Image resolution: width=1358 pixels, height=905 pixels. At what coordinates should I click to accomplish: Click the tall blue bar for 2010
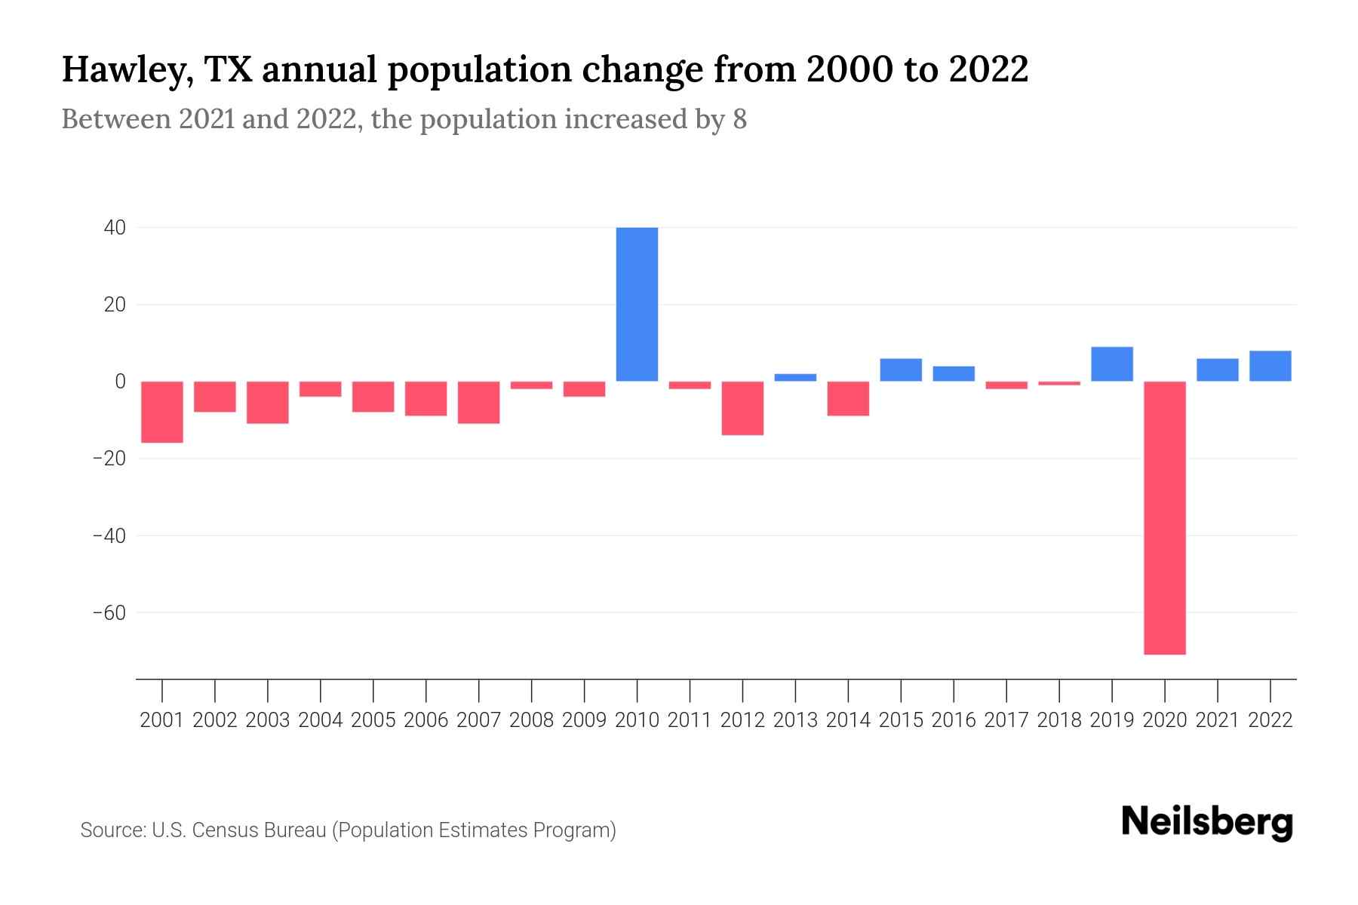coord(637,304)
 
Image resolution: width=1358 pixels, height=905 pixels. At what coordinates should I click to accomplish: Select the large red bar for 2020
coord(1164,517)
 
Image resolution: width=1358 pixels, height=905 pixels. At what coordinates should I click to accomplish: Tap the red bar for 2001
coord(162,412)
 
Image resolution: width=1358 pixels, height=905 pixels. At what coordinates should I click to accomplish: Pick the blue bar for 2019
coord(1111,364)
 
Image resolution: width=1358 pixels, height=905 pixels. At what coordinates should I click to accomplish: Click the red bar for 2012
coord(742,408)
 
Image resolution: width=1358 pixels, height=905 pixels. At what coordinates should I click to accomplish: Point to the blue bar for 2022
coord(1270,366)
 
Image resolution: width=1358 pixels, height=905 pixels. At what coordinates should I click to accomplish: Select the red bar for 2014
coord(848,398)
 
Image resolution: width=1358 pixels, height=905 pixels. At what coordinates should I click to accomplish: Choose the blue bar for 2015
coord(901,370)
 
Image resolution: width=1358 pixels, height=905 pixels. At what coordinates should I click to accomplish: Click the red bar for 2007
coord(478,402)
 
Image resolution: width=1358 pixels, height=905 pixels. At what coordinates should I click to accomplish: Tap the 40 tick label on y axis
coord(115,227)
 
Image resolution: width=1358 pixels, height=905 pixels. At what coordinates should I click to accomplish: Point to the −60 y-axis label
coord(109,612)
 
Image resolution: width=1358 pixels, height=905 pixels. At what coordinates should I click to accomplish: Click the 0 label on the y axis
coord(120,382)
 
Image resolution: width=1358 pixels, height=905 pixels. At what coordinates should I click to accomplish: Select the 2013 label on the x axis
coord(795,720)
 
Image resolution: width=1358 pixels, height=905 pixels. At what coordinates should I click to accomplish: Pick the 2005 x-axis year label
coord(373,720)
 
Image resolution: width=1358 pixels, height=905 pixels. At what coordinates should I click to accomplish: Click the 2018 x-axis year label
coord(1059,720)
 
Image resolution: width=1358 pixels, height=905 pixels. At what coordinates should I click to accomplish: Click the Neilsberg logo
coord(1207,822)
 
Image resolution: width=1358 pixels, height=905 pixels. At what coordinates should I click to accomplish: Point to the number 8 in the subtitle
coord(739,119)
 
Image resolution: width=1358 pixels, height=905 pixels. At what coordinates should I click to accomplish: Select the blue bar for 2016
coord(954,373)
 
